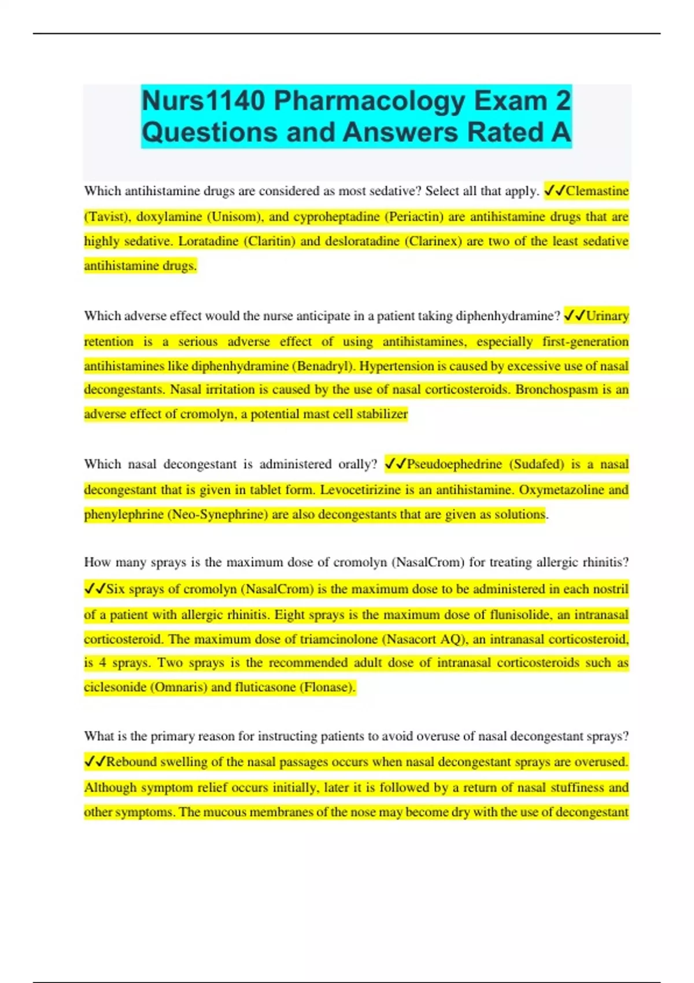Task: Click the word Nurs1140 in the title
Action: [x=204, y=101]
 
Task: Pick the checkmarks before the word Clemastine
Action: [x=555, y=191]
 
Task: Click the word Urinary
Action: [x=607, y=316]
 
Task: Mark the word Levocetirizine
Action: [x=360, y=490]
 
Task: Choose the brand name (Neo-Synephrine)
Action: [x=217, y=515]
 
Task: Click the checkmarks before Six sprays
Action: [x=95, y=589]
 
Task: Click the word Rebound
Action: [x=131, y=762]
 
